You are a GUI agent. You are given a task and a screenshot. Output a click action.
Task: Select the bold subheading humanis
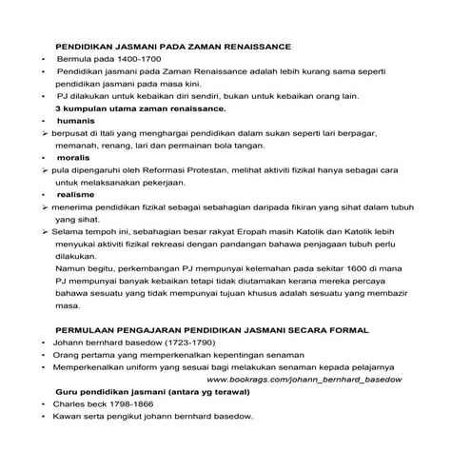coord(76,122)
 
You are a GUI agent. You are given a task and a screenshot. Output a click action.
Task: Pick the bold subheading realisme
coord(77,193)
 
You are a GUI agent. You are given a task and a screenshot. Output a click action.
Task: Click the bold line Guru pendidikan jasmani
coord(115,392)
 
